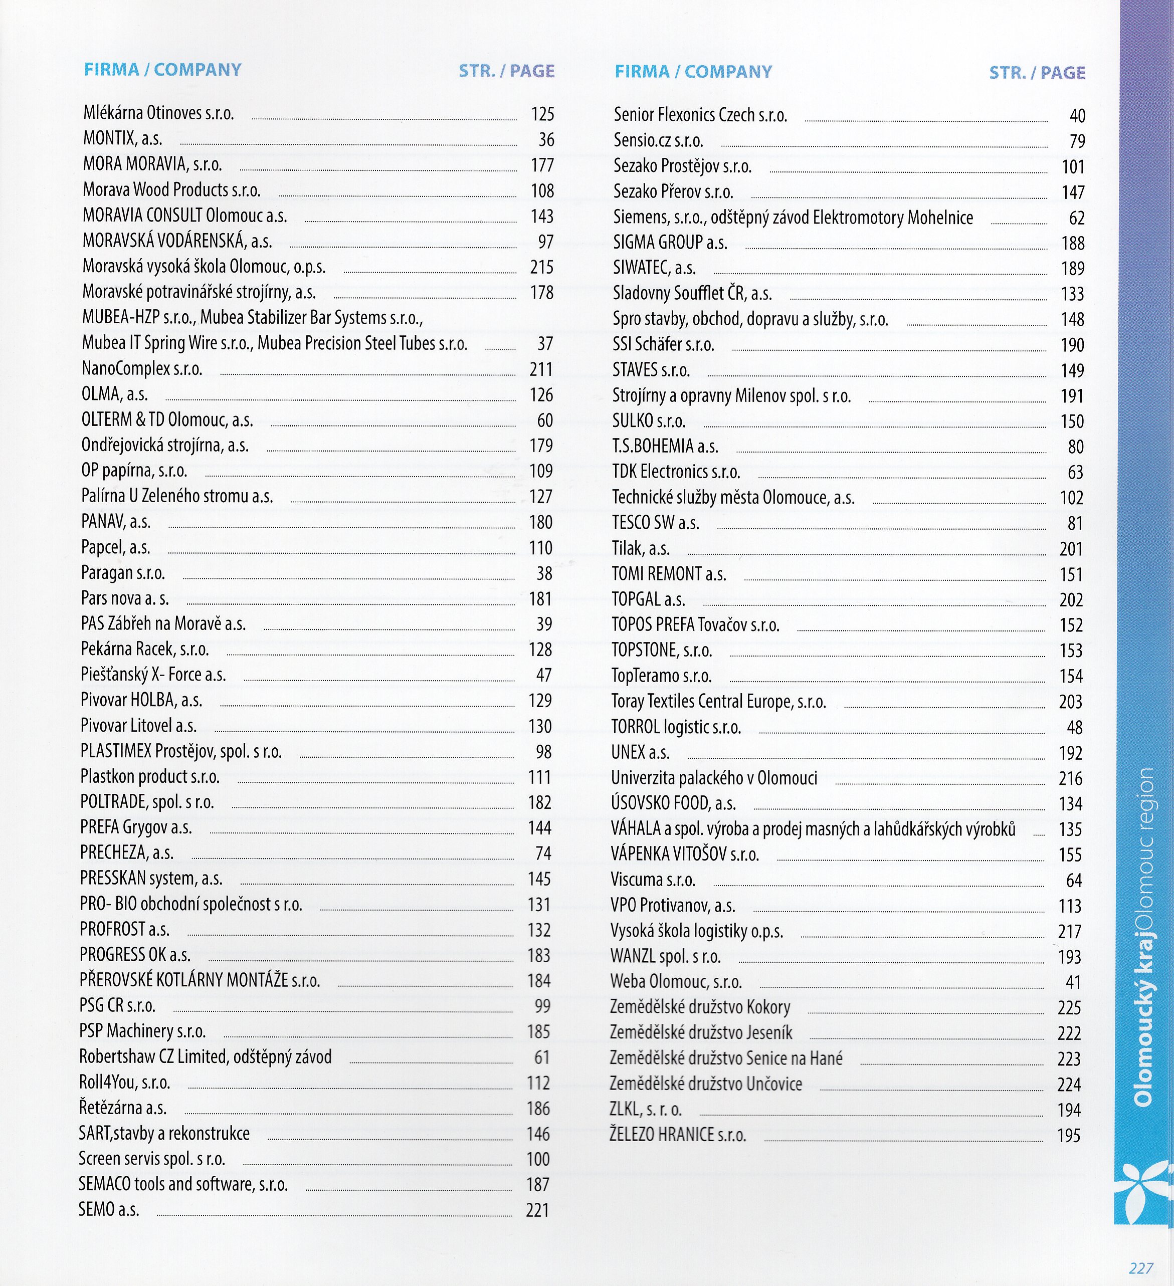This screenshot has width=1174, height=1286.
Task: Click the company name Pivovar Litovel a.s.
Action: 138,726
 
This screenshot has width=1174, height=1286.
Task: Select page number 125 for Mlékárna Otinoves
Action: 542,114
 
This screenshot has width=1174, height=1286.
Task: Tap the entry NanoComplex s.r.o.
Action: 142,369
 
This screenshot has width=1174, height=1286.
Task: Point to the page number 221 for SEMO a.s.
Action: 537,1210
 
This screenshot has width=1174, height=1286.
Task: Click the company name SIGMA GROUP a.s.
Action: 670,243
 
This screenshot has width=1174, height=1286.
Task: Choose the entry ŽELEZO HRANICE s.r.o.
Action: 678,1135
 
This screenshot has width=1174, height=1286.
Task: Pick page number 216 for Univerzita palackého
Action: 1070,778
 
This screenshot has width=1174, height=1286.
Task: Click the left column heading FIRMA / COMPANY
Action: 163,70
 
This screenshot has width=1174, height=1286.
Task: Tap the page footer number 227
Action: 1141,1268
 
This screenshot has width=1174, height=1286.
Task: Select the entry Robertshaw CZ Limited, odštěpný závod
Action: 206,1057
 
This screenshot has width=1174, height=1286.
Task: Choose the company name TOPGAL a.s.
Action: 648,599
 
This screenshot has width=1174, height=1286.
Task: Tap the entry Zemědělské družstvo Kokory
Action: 700,1007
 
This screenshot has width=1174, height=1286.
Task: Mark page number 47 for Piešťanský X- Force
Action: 543,675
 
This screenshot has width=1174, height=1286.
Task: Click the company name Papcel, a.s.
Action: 115,547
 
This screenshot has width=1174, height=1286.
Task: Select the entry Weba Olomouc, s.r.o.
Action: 676,982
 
